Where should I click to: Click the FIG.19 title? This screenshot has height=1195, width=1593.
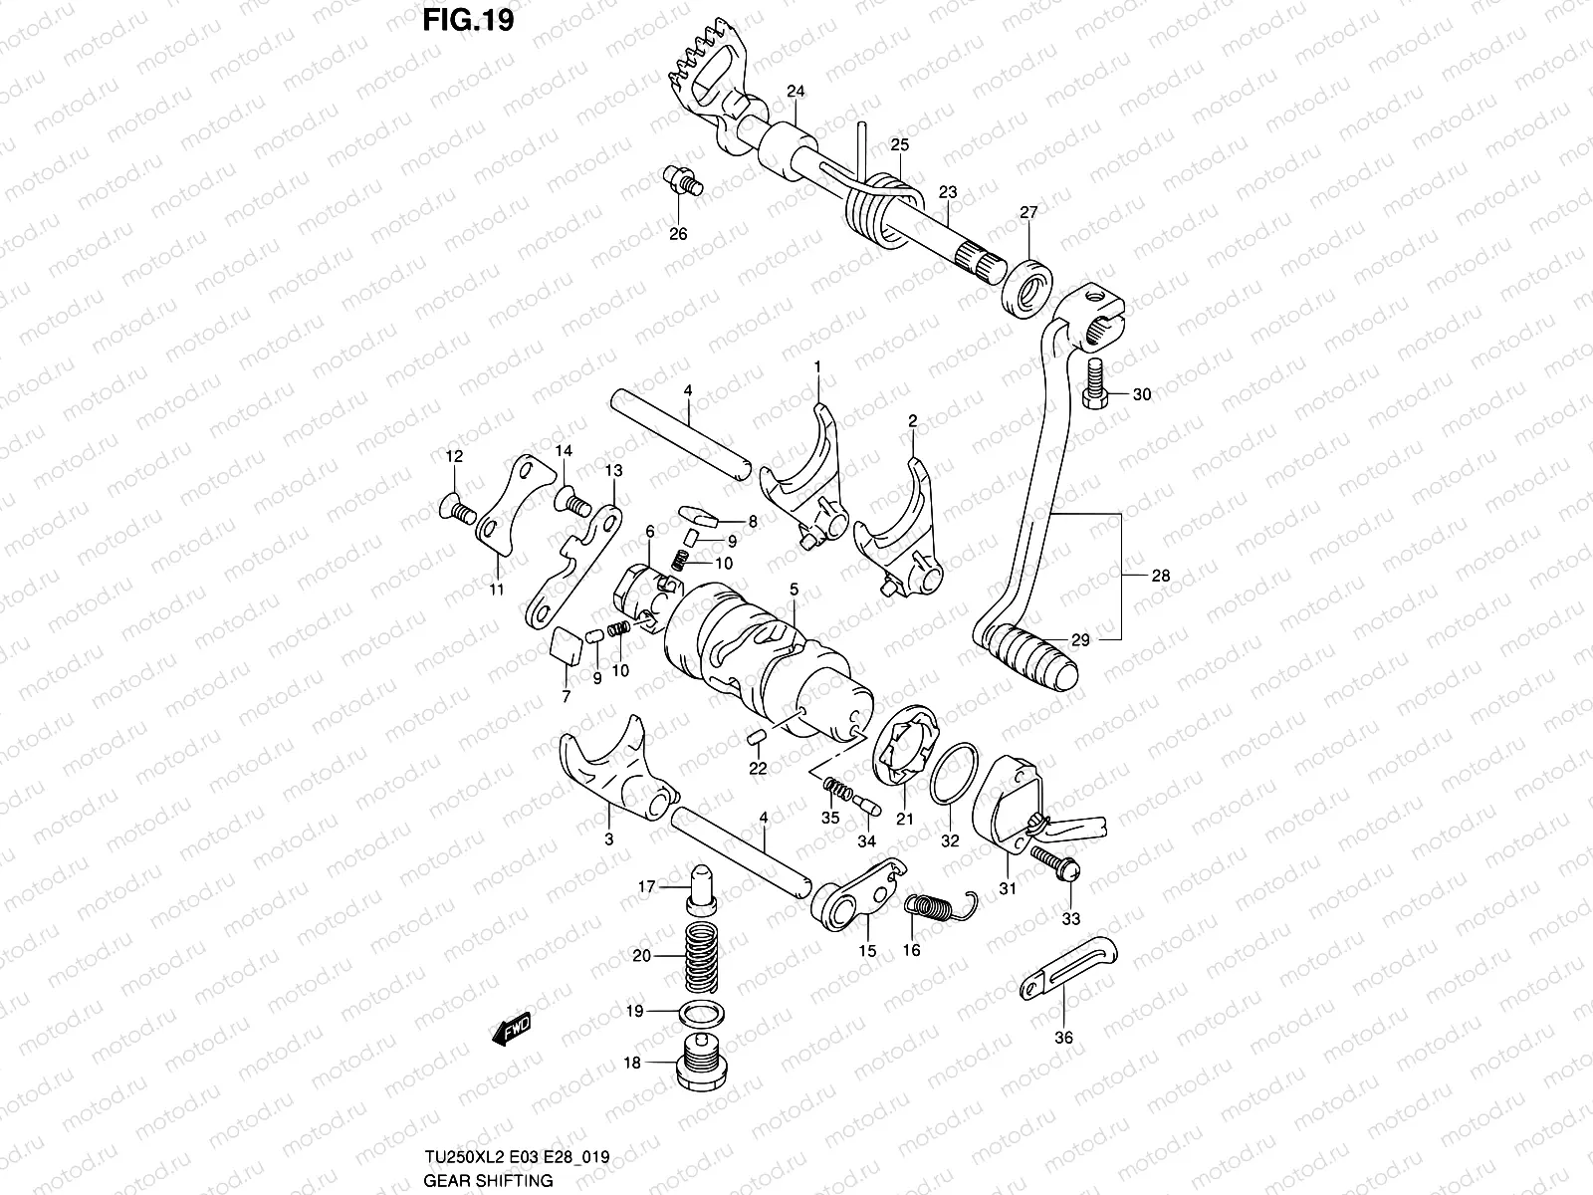(x=470, y=21)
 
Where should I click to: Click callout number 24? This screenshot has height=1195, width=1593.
(x=795, y=91)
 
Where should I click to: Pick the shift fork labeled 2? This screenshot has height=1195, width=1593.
(x=899, y=528)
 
